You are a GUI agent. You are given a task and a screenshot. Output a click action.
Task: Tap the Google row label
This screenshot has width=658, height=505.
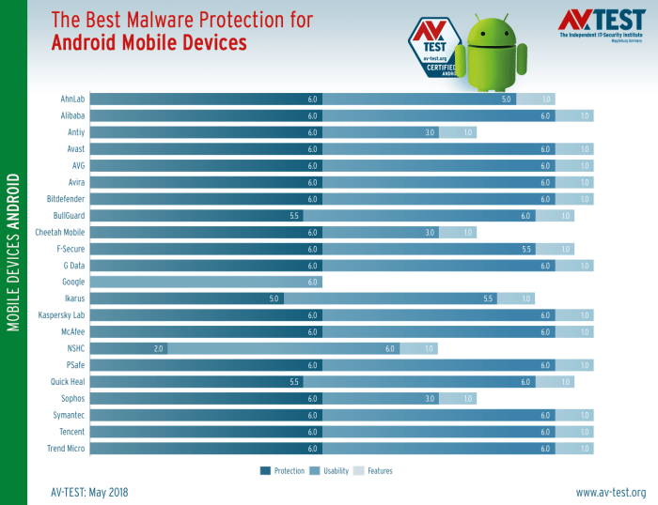click(73, 282)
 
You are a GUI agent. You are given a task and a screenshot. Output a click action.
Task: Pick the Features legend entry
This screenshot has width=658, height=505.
click(373, 470)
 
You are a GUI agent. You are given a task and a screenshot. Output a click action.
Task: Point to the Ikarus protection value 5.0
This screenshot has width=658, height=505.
click(274, 298)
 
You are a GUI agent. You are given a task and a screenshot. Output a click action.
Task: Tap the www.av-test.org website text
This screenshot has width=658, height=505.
click(610, 492)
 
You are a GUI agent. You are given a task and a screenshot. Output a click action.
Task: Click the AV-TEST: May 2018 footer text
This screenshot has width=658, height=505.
click(89, 492)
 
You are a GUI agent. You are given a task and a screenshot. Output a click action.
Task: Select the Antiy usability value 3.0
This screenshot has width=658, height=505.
click(430, 132)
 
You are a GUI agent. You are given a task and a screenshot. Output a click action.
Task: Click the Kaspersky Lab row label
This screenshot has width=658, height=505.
click(60, 315)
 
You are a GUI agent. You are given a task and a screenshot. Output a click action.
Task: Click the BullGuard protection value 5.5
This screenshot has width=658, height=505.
click(294, 216)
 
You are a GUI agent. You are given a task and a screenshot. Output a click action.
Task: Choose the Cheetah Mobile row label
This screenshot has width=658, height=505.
click(60, 232)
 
